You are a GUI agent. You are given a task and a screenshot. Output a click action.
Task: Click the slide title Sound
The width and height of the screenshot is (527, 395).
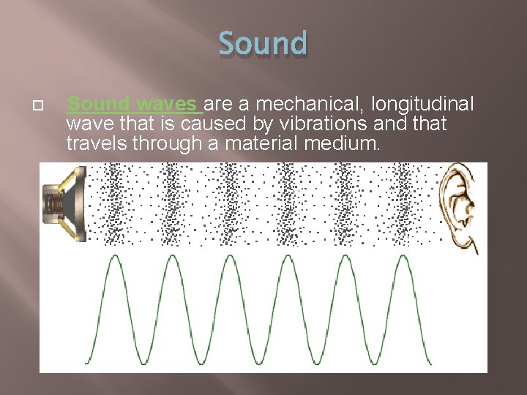pyautogui.click(x=263, y=43)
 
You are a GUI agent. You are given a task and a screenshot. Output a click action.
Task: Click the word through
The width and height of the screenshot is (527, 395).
pyautogui.click(x=162, y=144)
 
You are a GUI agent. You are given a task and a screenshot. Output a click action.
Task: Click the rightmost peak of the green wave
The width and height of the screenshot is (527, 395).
pyautogui.click(x=404, y=257)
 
